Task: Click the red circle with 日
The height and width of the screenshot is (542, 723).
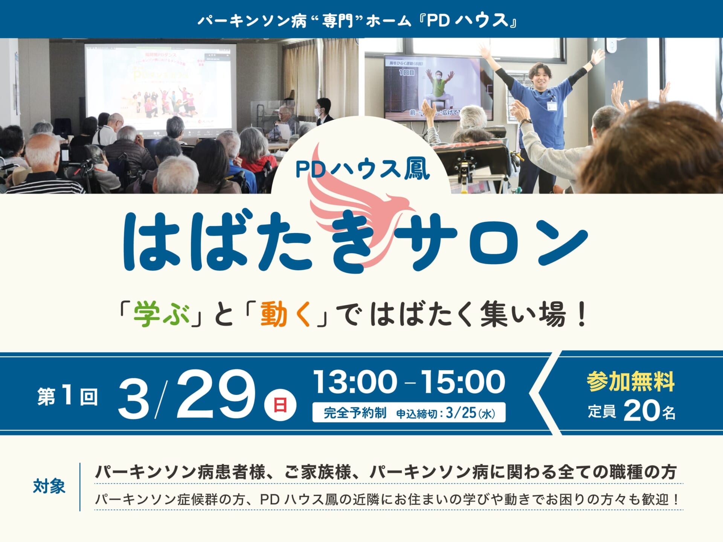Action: [x=280, y=405]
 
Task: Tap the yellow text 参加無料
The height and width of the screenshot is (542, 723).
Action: [x=631, y=382]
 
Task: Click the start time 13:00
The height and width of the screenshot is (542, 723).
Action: [x=355, y=382]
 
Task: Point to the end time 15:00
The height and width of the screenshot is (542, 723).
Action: [x=463, y=382]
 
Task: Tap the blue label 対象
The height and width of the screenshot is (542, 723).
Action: [x=49, y=486]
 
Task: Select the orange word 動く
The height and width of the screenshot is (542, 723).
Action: [x=285, y=314]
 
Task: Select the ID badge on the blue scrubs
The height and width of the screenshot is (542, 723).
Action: [x=552, y=105]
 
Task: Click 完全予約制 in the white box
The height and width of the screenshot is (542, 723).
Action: [x=355, y=413]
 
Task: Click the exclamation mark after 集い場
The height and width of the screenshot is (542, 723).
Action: [x=582, y=314]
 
